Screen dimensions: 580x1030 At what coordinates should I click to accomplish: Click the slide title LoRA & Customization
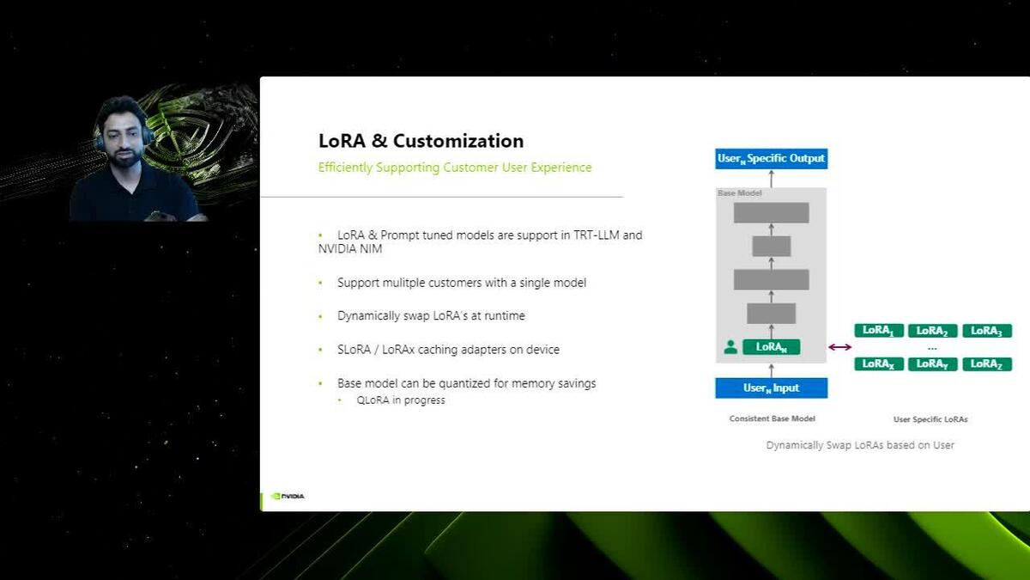(421, 141)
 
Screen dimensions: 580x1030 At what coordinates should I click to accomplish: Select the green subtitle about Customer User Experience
(455, 168)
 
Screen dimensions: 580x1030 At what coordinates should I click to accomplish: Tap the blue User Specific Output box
(771, 158)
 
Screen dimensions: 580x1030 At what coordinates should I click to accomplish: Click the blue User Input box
(771, 388)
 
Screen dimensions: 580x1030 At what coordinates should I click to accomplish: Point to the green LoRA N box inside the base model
(771, 347)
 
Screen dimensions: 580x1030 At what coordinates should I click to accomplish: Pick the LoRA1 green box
(878, 331)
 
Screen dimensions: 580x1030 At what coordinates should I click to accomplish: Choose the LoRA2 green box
(931, 331)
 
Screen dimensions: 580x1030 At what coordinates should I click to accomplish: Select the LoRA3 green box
(986, 331)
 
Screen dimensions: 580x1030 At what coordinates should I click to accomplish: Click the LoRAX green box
(878, 364)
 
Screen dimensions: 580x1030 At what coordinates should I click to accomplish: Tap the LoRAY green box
(931, 364)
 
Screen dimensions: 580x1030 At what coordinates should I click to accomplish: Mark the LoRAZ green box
(986, 364)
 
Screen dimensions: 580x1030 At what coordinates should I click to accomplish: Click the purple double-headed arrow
(840, 347)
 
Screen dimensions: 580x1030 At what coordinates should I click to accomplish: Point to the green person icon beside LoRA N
(730, 347)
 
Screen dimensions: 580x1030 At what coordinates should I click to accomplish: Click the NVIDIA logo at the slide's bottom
(288, 496)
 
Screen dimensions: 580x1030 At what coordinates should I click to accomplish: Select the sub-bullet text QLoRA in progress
(401, 400)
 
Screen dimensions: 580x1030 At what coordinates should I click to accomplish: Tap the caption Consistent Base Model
(772, 419)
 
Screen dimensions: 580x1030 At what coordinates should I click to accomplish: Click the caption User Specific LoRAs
(930, 419)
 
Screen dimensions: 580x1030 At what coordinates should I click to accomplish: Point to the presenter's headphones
(147, 136)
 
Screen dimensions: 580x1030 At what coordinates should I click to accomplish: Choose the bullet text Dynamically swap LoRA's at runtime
(431, 316)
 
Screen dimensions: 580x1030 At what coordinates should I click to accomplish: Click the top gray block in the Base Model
(771, 212)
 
